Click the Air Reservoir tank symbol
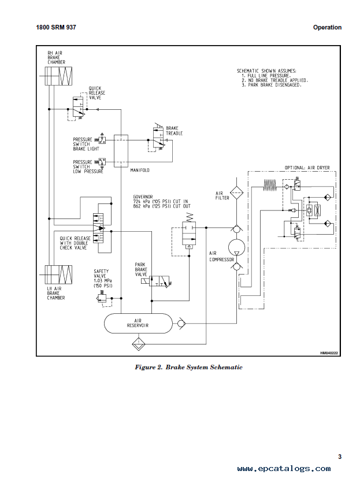point(138,323)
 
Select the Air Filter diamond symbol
point(236,192)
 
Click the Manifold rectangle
point(121,151)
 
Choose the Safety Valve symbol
point(102,298)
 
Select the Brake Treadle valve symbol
point(159,136)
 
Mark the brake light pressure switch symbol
point(101,140)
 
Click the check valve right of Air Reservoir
point(181,323)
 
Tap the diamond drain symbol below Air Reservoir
point(139,344)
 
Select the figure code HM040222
point(329,353)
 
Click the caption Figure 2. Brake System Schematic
point(189,368)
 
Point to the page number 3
point(340,457)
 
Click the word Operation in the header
point(328,27)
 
